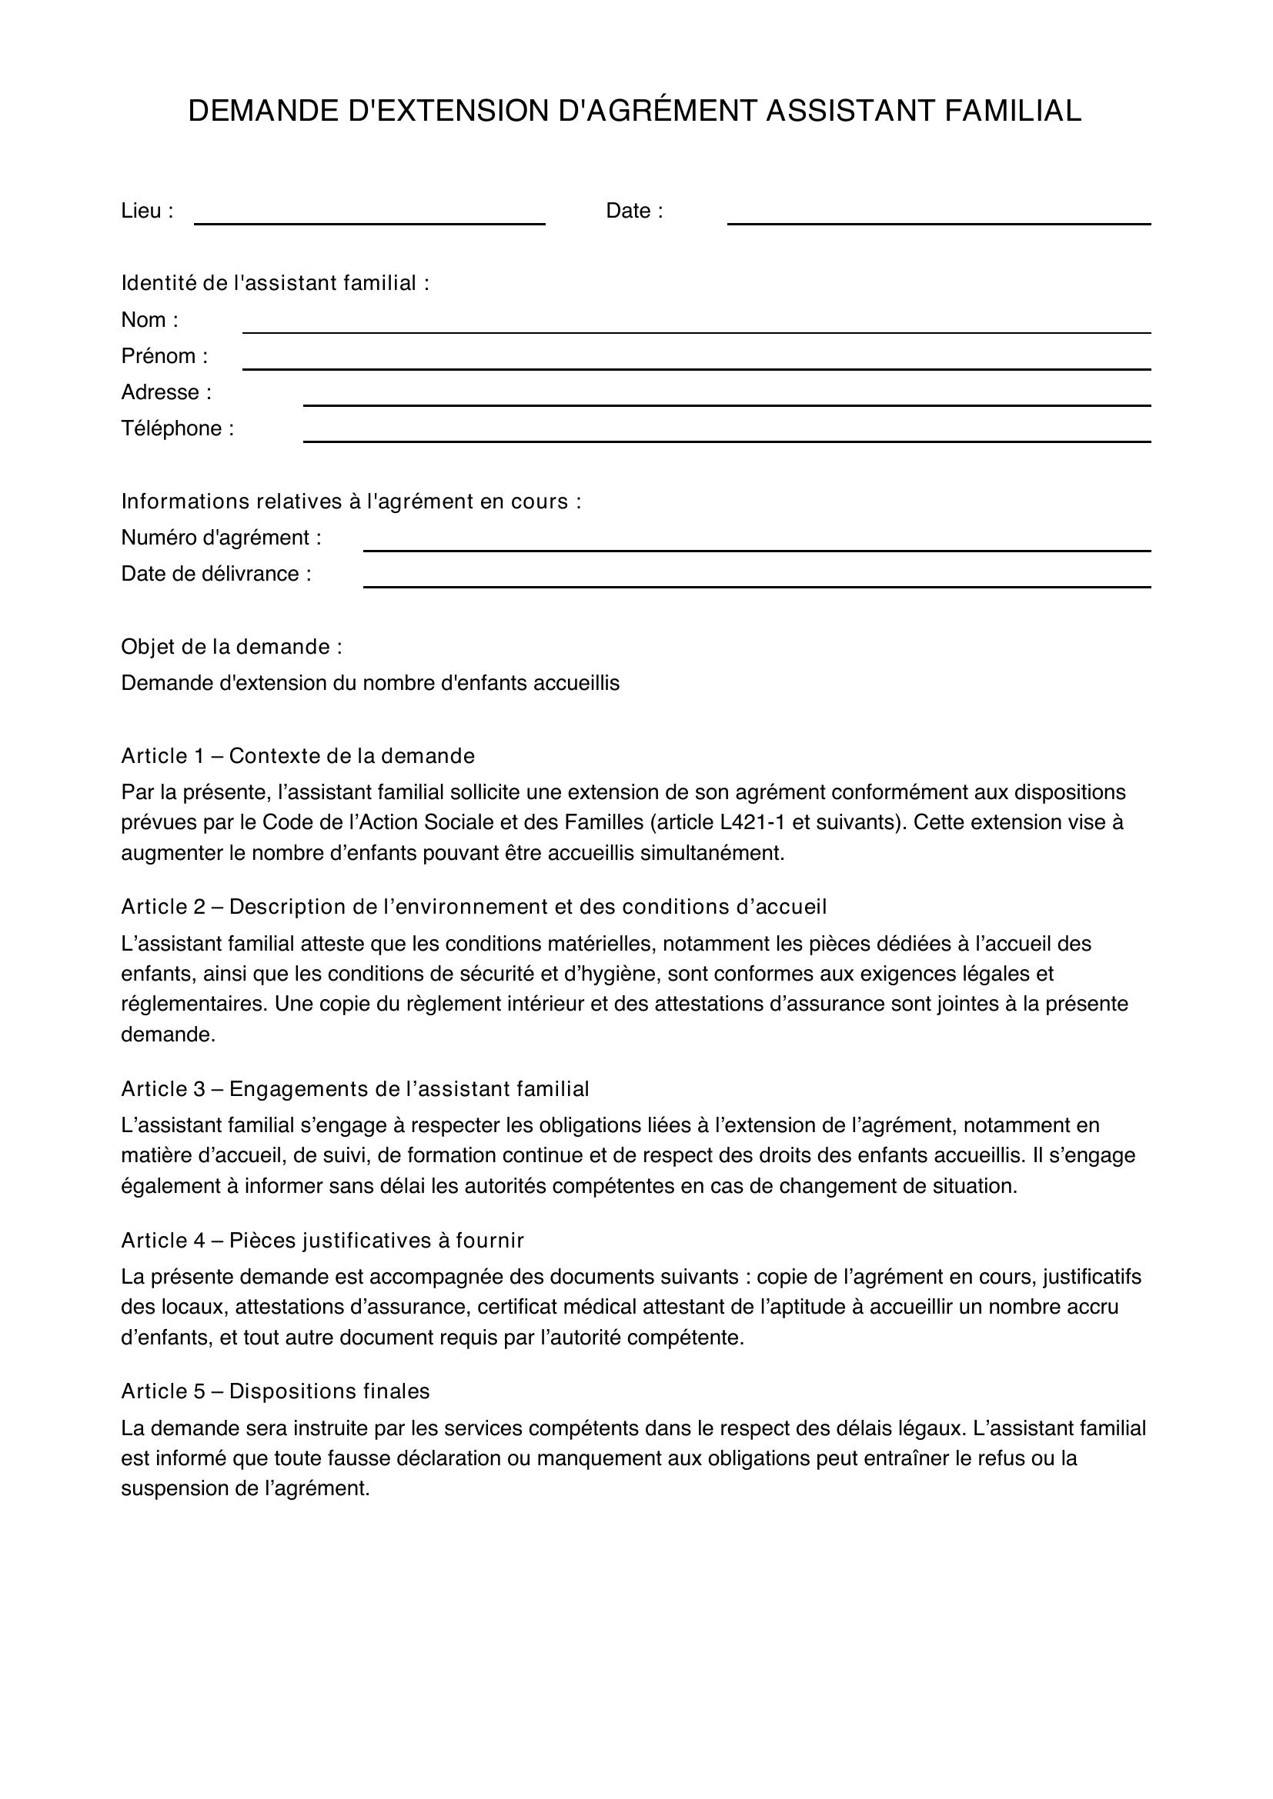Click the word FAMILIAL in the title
pyautogui.click(x=1013, y=112)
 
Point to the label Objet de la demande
pyautogui.click(x=231, y=647)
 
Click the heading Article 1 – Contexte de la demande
pyautogui.click(x=298, y=756)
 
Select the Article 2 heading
pyautogui.click(x=473, y=908)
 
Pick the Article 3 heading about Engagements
pyautogui.click(x=354, y=1089)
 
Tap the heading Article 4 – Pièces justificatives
pyautogui.click(x=322, y=1241)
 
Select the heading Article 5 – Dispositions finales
pyautogui.click(x=275, y=1391)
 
